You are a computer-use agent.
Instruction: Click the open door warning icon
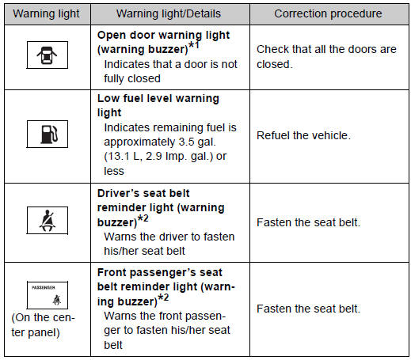coord(47,55)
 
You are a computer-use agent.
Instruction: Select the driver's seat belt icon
coord(48,220)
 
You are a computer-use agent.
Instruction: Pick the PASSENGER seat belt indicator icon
coord(48,295)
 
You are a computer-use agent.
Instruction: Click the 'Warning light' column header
coord(46,13)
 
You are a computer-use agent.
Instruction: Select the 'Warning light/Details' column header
coord(169,13)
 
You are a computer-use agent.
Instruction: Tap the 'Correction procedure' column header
coord(328,13)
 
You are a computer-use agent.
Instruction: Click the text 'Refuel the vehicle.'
coord(303,135)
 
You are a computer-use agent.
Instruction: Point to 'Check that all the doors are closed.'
coord(326,57)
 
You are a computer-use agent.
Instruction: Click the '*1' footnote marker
coord(193,45)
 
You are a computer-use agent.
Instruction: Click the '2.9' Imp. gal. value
coord(154,157)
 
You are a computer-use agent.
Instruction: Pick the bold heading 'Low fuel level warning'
coord(158,98)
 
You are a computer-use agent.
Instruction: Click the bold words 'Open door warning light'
coord(163,36)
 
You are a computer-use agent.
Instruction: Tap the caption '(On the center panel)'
coord(43,325)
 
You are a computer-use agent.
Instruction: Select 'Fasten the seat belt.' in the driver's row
coord(308,222)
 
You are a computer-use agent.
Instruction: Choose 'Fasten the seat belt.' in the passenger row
coord(308,309)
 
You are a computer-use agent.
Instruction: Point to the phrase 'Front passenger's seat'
coord(160,272)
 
